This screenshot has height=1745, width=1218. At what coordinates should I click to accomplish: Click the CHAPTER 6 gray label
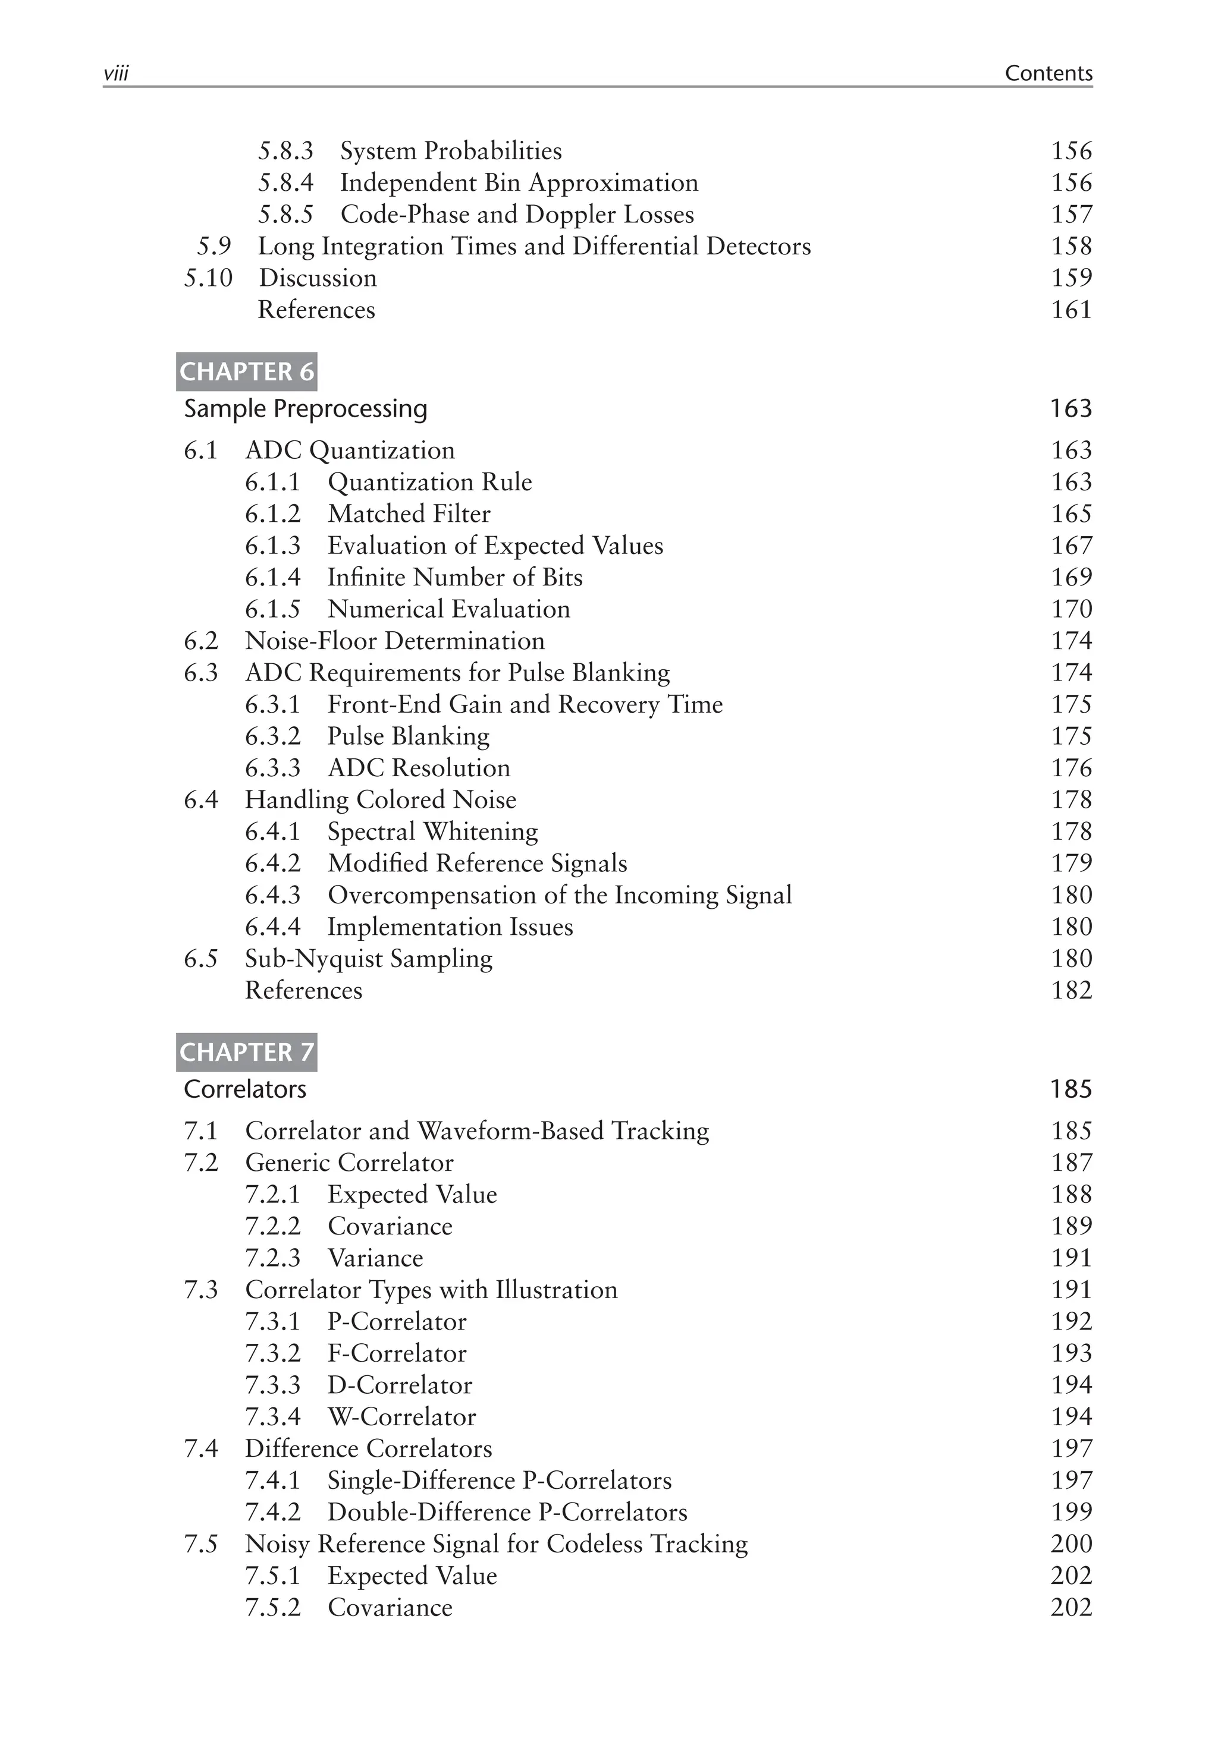(x=246, y=371)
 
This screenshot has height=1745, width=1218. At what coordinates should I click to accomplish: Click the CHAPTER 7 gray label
(x=246, y=1052)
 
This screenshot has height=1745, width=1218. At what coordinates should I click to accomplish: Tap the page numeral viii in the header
(x=115, y=74)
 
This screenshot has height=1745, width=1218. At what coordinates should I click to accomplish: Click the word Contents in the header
(x=1048, y=74)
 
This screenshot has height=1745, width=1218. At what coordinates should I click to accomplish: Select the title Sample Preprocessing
(x=305, y=409)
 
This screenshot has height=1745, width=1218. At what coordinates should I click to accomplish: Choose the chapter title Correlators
(x=245, y=1089)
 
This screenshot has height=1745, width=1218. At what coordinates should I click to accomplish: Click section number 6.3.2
(x=272, y=736)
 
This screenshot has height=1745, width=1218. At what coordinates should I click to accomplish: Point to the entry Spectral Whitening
(x=432, y=831)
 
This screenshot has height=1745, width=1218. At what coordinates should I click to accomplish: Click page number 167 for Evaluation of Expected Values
(x=1071, y=546)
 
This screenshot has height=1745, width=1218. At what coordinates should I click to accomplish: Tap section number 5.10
(x=208, y=278)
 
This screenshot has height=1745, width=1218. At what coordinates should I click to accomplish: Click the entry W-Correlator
(x=401, y=1417)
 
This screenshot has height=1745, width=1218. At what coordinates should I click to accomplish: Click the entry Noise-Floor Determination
(x=394, y=641)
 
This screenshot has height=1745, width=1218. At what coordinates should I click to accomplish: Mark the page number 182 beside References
(x=1071, y=990)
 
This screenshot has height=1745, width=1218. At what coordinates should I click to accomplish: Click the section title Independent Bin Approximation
(x=519, y=183)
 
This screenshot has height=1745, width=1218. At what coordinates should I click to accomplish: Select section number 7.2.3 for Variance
(x=272, y=1258)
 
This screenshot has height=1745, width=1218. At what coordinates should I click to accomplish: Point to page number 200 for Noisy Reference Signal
(x=1071, y=1544)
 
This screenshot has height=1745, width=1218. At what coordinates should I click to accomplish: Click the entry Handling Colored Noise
(x=380, y=799)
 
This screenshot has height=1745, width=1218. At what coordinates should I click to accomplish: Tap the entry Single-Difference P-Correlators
(x=499, y=1480)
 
